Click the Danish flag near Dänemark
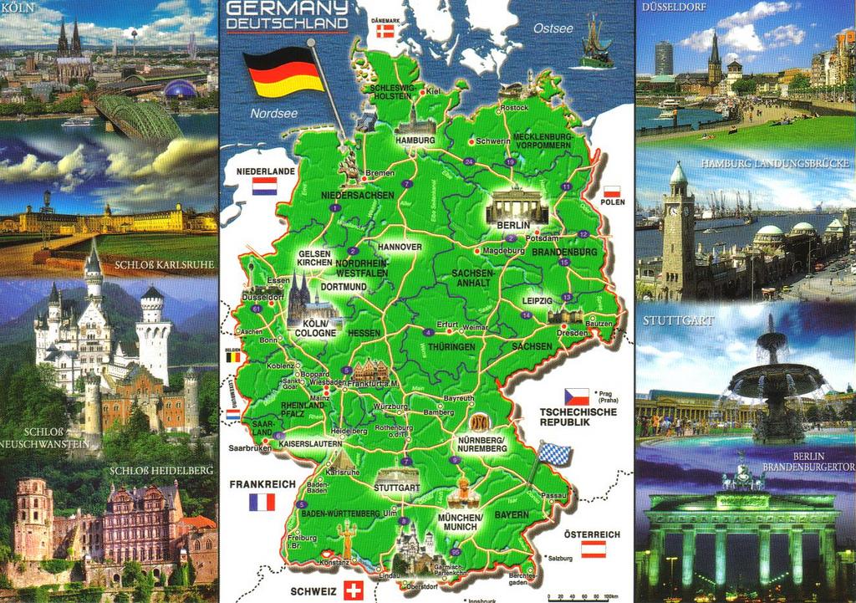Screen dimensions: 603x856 point(385,31)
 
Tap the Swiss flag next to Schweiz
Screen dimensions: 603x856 point(354,590)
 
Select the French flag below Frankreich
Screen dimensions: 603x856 point(262,502)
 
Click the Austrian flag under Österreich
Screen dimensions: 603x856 point(594,549)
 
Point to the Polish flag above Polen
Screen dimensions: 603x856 point(612,191)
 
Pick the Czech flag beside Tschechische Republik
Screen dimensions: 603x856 point(576,396)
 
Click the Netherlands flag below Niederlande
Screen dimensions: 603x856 point(264,186)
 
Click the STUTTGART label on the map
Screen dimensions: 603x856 point(396,486)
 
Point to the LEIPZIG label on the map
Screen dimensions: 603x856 point(537,300)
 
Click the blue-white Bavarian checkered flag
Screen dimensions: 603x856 point(554,454)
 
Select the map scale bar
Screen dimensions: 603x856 point(577,597)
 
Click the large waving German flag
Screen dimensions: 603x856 point(283,72)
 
